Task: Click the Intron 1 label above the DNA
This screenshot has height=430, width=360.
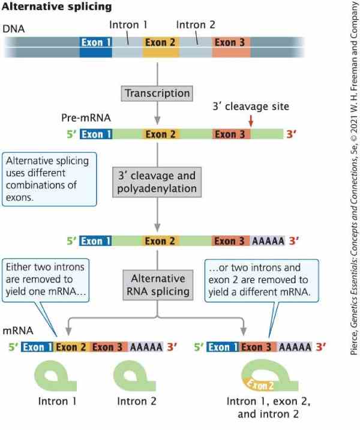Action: [128, 25]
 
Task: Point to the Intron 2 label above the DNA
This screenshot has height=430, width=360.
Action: [196, 25]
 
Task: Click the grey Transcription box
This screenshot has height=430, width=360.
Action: [157, 94]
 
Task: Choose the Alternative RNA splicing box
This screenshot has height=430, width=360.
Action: [157, 285]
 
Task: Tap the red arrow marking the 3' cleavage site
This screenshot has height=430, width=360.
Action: [250, 121]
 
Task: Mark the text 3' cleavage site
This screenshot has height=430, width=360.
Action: [251, 107]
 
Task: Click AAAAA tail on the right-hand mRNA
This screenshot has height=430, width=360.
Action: [295, 347]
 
